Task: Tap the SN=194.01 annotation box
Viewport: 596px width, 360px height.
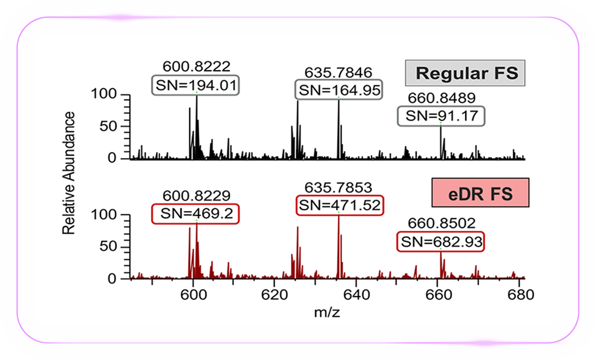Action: pos(196,85)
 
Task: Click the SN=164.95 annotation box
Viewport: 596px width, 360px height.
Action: pos(339,90)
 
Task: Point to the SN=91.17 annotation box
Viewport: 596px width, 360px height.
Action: pos(441,116)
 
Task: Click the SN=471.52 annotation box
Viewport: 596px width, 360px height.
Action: pos(339,205)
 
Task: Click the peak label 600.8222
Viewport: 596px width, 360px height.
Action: pos(196,66)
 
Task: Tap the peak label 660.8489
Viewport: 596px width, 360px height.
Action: pos(441,98)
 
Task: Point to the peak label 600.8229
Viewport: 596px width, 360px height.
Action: pos(196,195)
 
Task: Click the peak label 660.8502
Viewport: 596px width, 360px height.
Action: pos(441,223)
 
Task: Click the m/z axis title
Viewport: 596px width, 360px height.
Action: pos(327,313)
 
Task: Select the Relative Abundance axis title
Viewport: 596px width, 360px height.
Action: pos(68,173)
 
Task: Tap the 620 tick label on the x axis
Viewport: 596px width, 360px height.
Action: pos(274,295)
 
